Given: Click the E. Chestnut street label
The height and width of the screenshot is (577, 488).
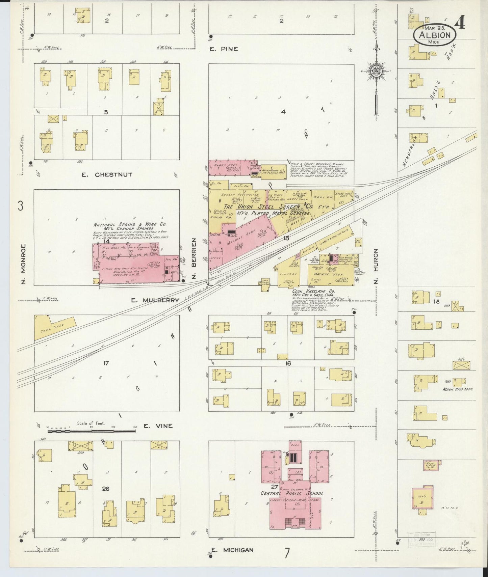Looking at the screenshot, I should click(x=107, y=174).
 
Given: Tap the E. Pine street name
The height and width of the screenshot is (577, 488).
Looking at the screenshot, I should click(x=224, y=49).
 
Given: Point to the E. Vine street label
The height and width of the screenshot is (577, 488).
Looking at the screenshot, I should click(x=158, y=426).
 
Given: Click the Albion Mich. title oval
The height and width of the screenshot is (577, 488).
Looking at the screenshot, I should click(x=435, y=35).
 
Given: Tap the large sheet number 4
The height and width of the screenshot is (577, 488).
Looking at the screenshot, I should click(x=460, y=23).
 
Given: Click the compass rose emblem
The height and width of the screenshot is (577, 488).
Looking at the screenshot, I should click(x=376, y=71).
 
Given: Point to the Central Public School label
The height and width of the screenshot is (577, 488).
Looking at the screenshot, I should click(x=291, y=493).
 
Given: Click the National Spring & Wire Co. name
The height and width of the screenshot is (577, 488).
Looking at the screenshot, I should click(x=130, y=224).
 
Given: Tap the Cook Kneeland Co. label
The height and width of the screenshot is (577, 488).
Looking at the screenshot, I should click(x=313, y=291).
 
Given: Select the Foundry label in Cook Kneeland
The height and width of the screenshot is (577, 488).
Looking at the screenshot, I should click(x=288, y=274).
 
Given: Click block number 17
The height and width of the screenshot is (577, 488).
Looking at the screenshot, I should click(x=106, y=363).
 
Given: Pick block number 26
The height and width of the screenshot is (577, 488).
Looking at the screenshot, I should click(x=105, y=489).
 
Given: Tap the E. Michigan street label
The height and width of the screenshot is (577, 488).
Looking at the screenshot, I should click(x=232, y=550).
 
